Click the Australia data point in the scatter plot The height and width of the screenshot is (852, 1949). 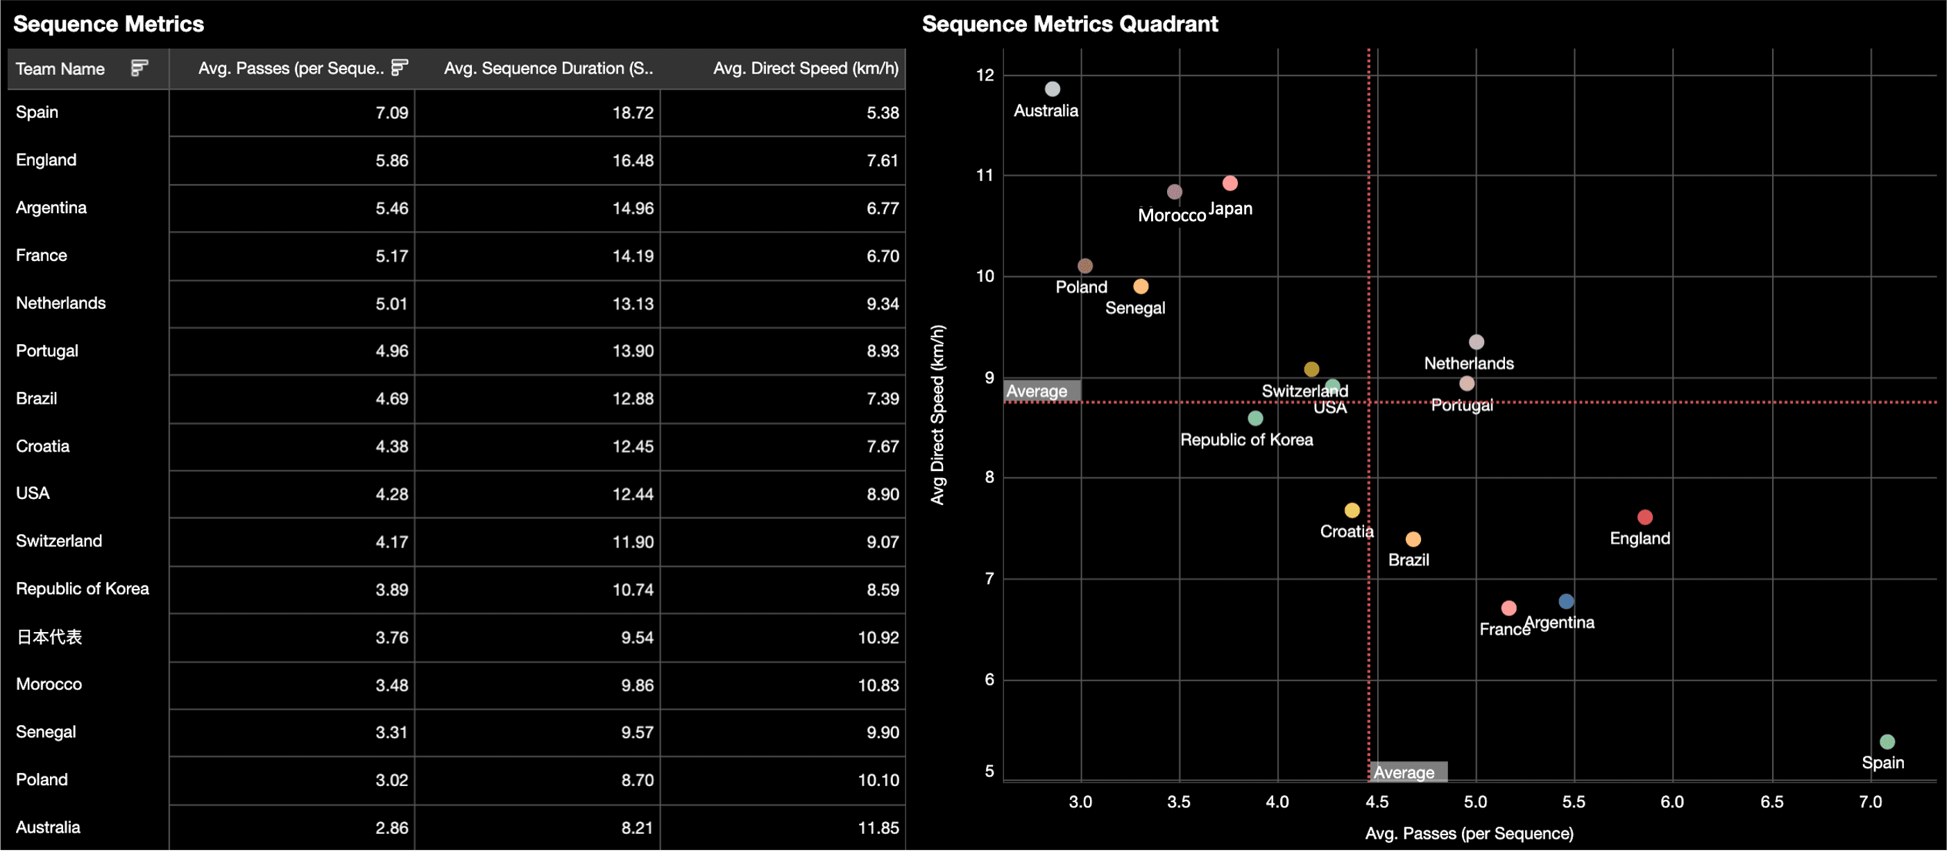click(x=1052, y=90)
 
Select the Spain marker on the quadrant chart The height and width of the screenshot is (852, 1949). click(x=1887, y=742)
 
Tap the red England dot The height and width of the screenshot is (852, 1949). click(x=1644, y=518)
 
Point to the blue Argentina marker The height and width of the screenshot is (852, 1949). click(x=1566, y=602)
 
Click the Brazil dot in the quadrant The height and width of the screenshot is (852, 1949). click(x=1413, y=540)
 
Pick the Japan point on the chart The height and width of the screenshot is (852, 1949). click(x=1230, y=183)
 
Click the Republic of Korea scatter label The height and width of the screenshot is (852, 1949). click(x=1246, y=440)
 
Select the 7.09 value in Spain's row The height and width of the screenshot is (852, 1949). click(x=391, y=112)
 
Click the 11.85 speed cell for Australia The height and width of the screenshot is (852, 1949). click(x=878, y=828)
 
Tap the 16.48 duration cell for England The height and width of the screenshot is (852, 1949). click(x=633, y=160)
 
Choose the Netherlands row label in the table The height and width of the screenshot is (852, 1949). click(x=60, y=303)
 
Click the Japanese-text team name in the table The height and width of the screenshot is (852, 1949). click(x=49, y=637)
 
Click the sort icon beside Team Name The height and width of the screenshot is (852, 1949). click(x=139, y=68)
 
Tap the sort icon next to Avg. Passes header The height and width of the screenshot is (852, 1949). click(x=400, y=68)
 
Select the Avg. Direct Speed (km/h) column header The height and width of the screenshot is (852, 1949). click(x=805, y=68)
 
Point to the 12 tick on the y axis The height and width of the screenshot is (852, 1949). click(x=985, y=75)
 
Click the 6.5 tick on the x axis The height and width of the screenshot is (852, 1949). click(x=1771, y=802)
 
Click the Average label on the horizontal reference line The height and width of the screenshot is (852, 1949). click(x=1037, y=391)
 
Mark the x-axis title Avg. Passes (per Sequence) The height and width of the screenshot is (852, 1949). click(x=1469, y=833)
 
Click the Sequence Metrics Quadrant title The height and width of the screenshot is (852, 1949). click(x=1069, y=24)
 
